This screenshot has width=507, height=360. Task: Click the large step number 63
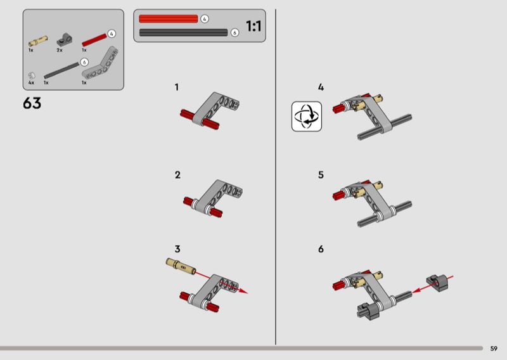click(32, 103)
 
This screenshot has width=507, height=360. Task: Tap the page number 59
click(494, 349)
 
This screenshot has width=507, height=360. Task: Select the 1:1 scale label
click(253, 26)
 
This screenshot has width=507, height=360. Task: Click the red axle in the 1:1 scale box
click(168, 19)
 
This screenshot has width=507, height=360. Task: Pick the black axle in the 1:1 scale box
click(183, 32)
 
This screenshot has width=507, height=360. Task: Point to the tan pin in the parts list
click(38, 41)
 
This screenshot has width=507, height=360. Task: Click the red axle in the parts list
click(94, 40)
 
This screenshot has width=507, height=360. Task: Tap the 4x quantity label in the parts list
click(31, 83)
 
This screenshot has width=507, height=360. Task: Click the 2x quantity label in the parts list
click(60, 50)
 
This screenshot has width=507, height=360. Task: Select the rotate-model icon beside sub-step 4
click(307, 117)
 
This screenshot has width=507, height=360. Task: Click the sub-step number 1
click(177, 87)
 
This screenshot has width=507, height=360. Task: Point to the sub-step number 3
click(177, 248)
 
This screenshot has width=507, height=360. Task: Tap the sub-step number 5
click(321, 175)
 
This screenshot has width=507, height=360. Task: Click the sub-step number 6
click(321, 248)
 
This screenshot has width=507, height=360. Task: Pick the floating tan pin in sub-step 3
click(181, 266)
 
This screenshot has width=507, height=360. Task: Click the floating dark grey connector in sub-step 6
click(437, 282)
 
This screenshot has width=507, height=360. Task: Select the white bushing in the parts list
click(32, 75)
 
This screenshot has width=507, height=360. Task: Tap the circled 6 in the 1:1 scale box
click(234, 32)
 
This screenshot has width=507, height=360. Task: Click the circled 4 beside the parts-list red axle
click(112, 34)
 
